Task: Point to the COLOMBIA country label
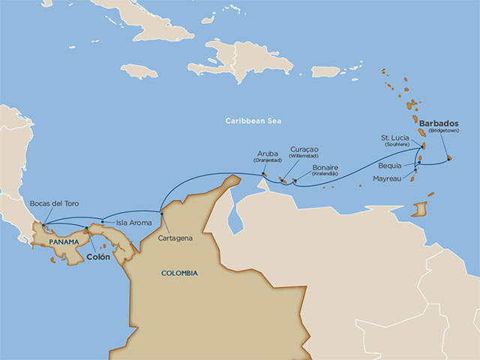click(x=179, y=273)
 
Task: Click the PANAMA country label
click(x=64, y=243)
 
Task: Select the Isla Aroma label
click(x=134, y=223)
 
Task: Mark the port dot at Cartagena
click(x=161, y=214)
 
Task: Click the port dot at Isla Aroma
click(x=103, y=220)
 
